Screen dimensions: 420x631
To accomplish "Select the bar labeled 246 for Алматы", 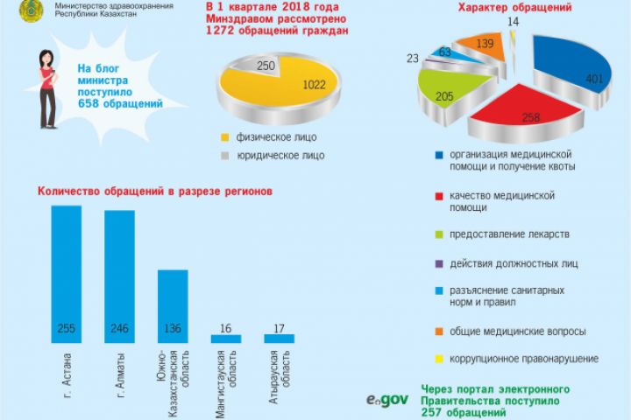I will point(119,276).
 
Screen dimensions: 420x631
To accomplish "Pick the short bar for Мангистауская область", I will point(226,338).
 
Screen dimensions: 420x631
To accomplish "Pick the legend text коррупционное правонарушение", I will point(524,359).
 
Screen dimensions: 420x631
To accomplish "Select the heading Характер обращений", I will point(514,8).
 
